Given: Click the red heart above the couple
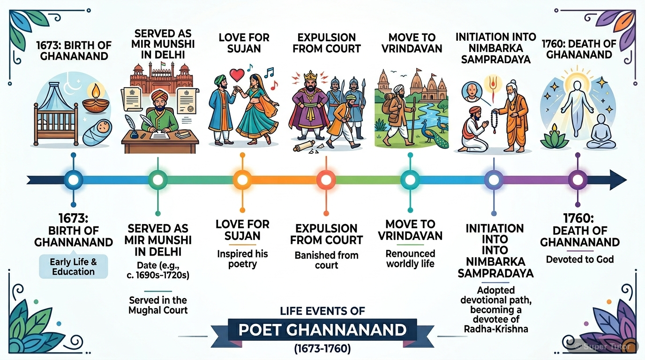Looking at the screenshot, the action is [x=237, y=75].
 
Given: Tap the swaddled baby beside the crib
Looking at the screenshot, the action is [x=98, y=133].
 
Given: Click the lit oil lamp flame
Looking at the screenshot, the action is [x=96, y=90].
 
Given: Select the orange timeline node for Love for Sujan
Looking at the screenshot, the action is [x=242, y=180].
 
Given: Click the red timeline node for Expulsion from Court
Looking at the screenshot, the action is [x=326, y=180].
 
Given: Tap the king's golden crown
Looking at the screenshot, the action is [x=310, y=77].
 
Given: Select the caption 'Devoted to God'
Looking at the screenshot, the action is [x=580, y=260].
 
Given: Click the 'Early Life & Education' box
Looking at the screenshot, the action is [x=74, y=267].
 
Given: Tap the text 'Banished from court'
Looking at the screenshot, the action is [x=326, y=260].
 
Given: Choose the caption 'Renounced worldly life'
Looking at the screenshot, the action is [x=410, y=259].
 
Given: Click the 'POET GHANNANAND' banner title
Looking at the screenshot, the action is [x=322, y=330].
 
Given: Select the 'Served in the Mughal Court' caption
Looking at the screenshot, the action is [x=158, y=305].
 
